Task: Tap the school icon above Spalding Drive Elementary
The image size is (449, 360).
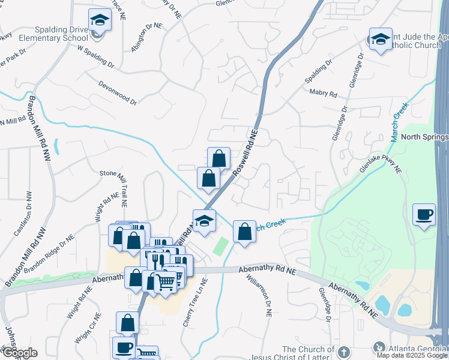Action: [99, 20]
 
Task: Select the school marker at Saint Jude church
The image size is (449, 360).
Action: [381, 40]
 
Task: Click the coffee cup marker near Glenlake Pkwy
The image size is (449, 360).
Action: [424, 214]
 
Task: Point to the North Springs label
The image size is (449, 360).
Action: [424, 137]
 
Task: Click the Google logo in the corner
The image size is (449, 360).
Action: [19, 353]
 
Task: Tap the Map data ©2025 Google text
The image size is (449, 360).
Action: [412, 355]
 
